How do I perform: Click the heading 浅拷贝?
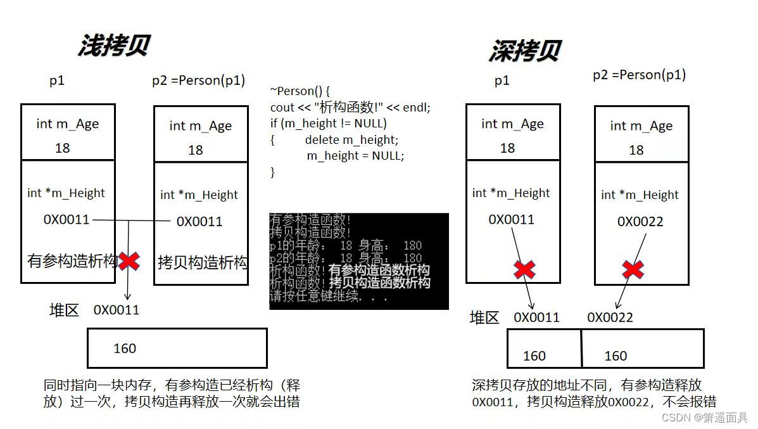(113, 46)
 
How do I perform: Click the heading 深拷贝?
(524, 51)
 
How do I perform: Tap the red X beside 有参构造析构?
(129, 260)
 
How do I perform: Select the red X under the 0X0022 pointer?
(633, 269)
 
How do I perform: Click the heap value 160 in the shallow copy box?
(124, 349)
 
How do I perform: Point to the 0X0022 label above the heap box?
(610, 317)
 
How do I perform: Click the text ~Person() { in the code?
(300, 91)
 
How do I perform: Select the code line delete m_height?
(351, 139)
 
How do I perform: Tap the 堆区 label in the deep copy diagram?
(484, 317)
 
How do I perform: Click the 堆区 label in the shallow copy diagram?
(65, 310)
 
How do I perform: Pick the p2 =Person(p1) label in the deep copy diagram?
(639, 75)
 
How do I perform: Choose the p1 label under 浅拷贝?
(57, 80)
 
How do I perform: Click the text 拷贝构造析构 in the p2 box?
(202, 262)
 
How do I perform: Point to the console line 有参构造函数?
(310, 220)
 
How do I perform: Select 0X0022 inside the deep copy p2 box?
(640, 221)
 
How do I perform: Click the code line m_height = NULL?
(355, 155)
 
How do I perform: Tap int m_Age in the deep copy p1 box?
(512, 124)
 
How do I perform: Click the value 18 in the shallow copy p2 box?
(195, 150)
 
